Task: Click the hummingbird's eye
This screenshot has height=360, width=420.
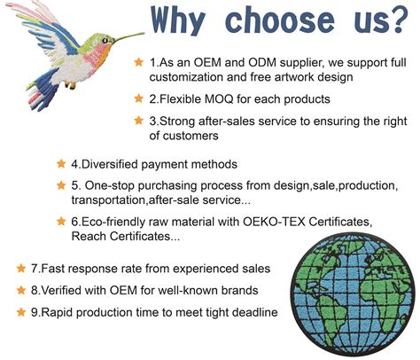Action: coord(105,41)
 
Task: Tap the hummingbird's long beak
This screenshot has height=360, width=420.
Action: coord(129,36)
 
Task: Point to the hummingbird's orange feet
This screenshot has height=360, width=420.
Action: coord(70,85)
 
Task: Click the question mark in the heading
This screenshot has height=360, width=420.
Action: coord(400,20)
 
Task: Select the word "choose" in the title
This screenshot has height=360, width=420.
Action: coord(280,20)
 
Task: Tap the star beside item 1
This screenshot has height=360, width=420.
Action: coord(138,62)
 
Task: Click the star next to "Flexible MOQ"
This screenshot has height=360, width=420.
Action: coord(138,98)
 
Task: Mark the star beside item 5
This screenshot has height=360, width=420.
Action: coord(61,185)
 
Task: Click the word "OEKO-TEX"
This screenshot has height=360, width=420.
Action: coord(274,222)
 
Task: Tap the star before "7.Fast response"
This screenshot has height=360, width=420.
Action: coord(21,269)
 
